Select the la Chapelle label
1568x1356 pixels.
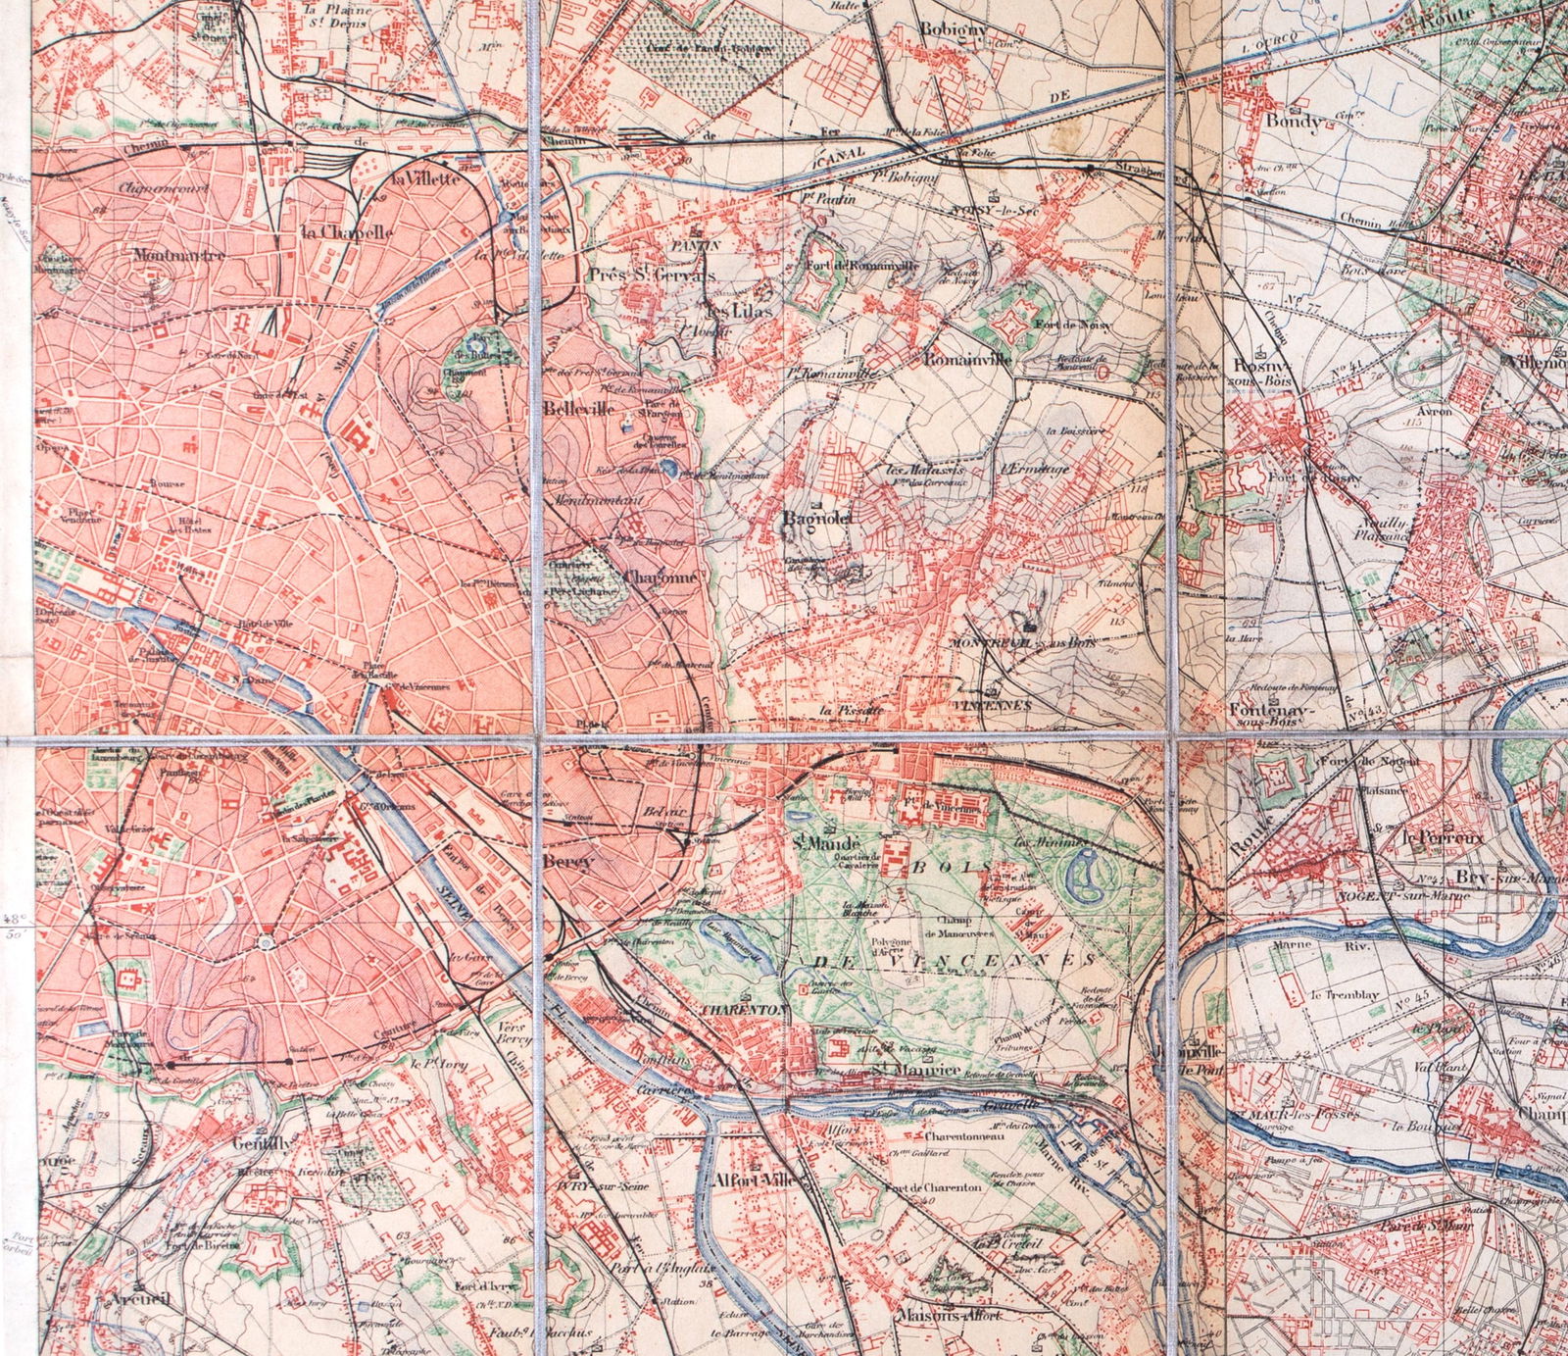(x=347, y=232)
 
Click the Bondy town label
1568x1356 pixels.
(x=1294, y=123)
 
